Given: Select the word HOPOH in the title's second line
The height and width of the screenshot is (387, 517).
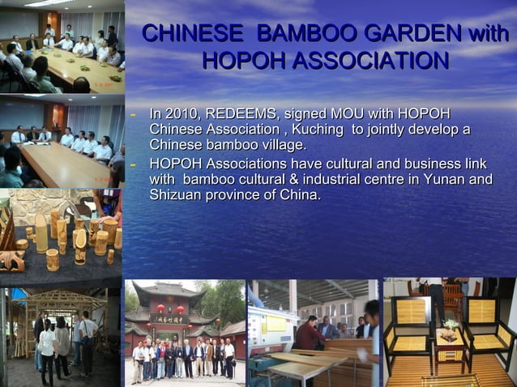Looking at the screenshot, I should coord(237,62).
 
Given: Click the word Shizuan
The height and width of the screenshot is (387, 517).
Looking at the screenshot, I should coord(178,195).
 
